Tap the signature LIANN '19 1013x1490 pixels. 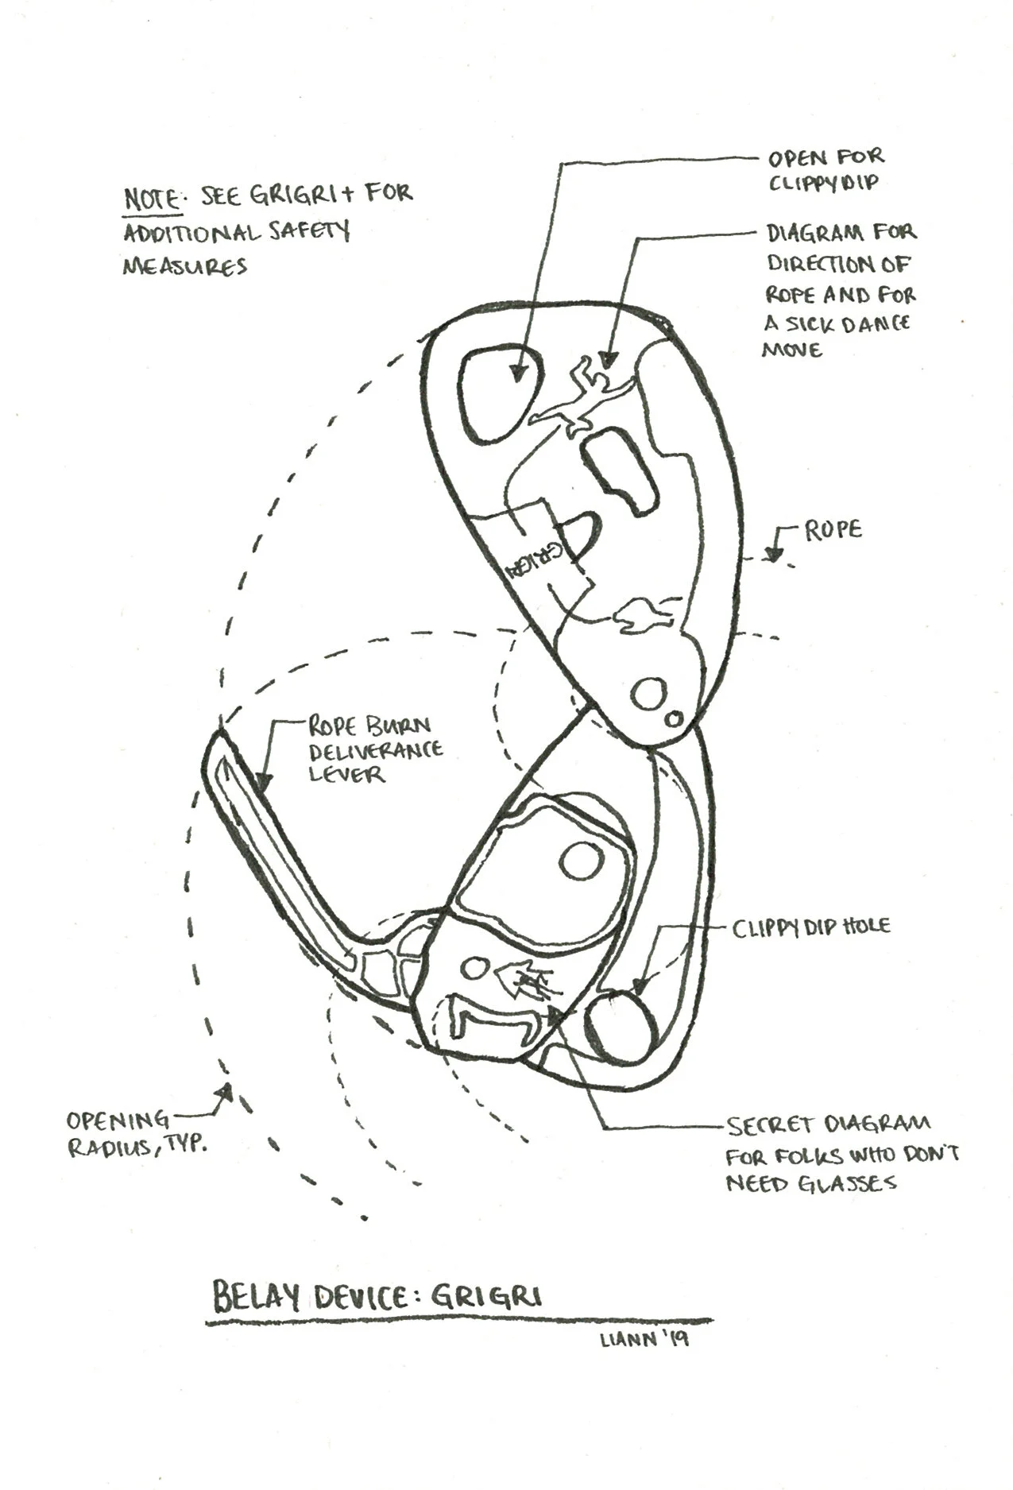[644, 1339]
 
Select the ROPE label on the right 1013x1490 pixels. [833, 530]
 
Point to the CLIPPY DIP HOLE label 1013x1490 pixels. [810, 927]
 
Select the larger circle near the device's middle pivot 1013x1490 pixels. [648, 694]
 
